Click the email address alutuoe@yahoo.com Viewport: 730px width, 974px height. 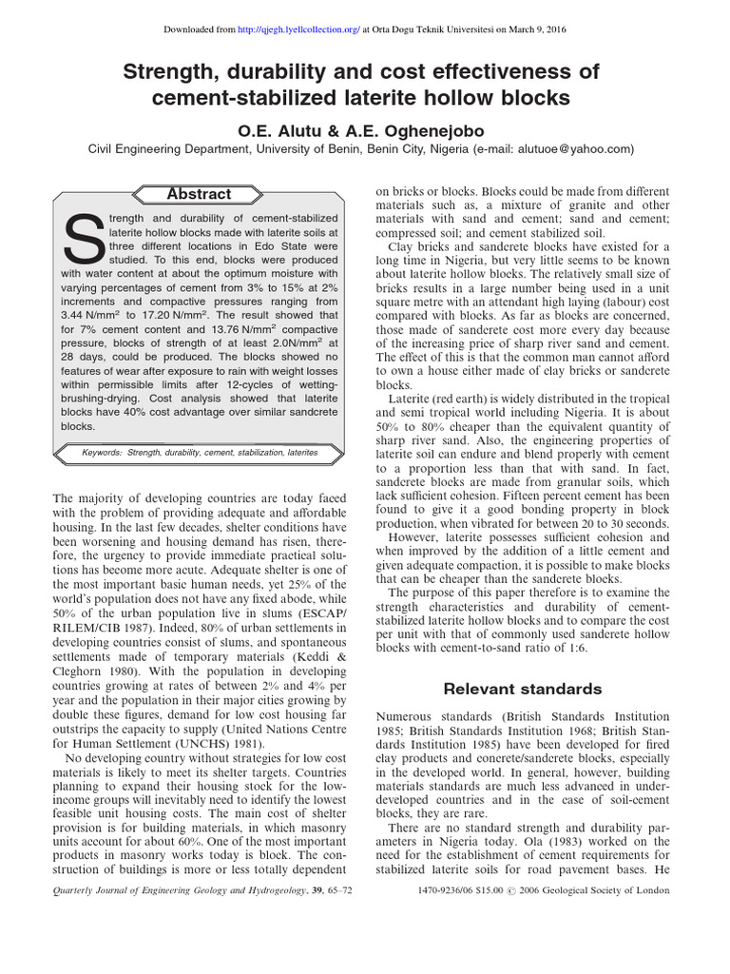pos(575,148)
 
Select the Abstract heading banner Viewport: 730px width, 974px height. pos(199,194)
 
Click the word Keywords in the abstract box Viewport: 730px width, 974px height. pos(95,453)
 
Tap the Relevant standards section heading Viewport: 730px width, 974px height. pos(523,689)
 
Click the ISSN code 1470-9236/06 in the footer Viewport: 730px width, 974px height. pos(452,891)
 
